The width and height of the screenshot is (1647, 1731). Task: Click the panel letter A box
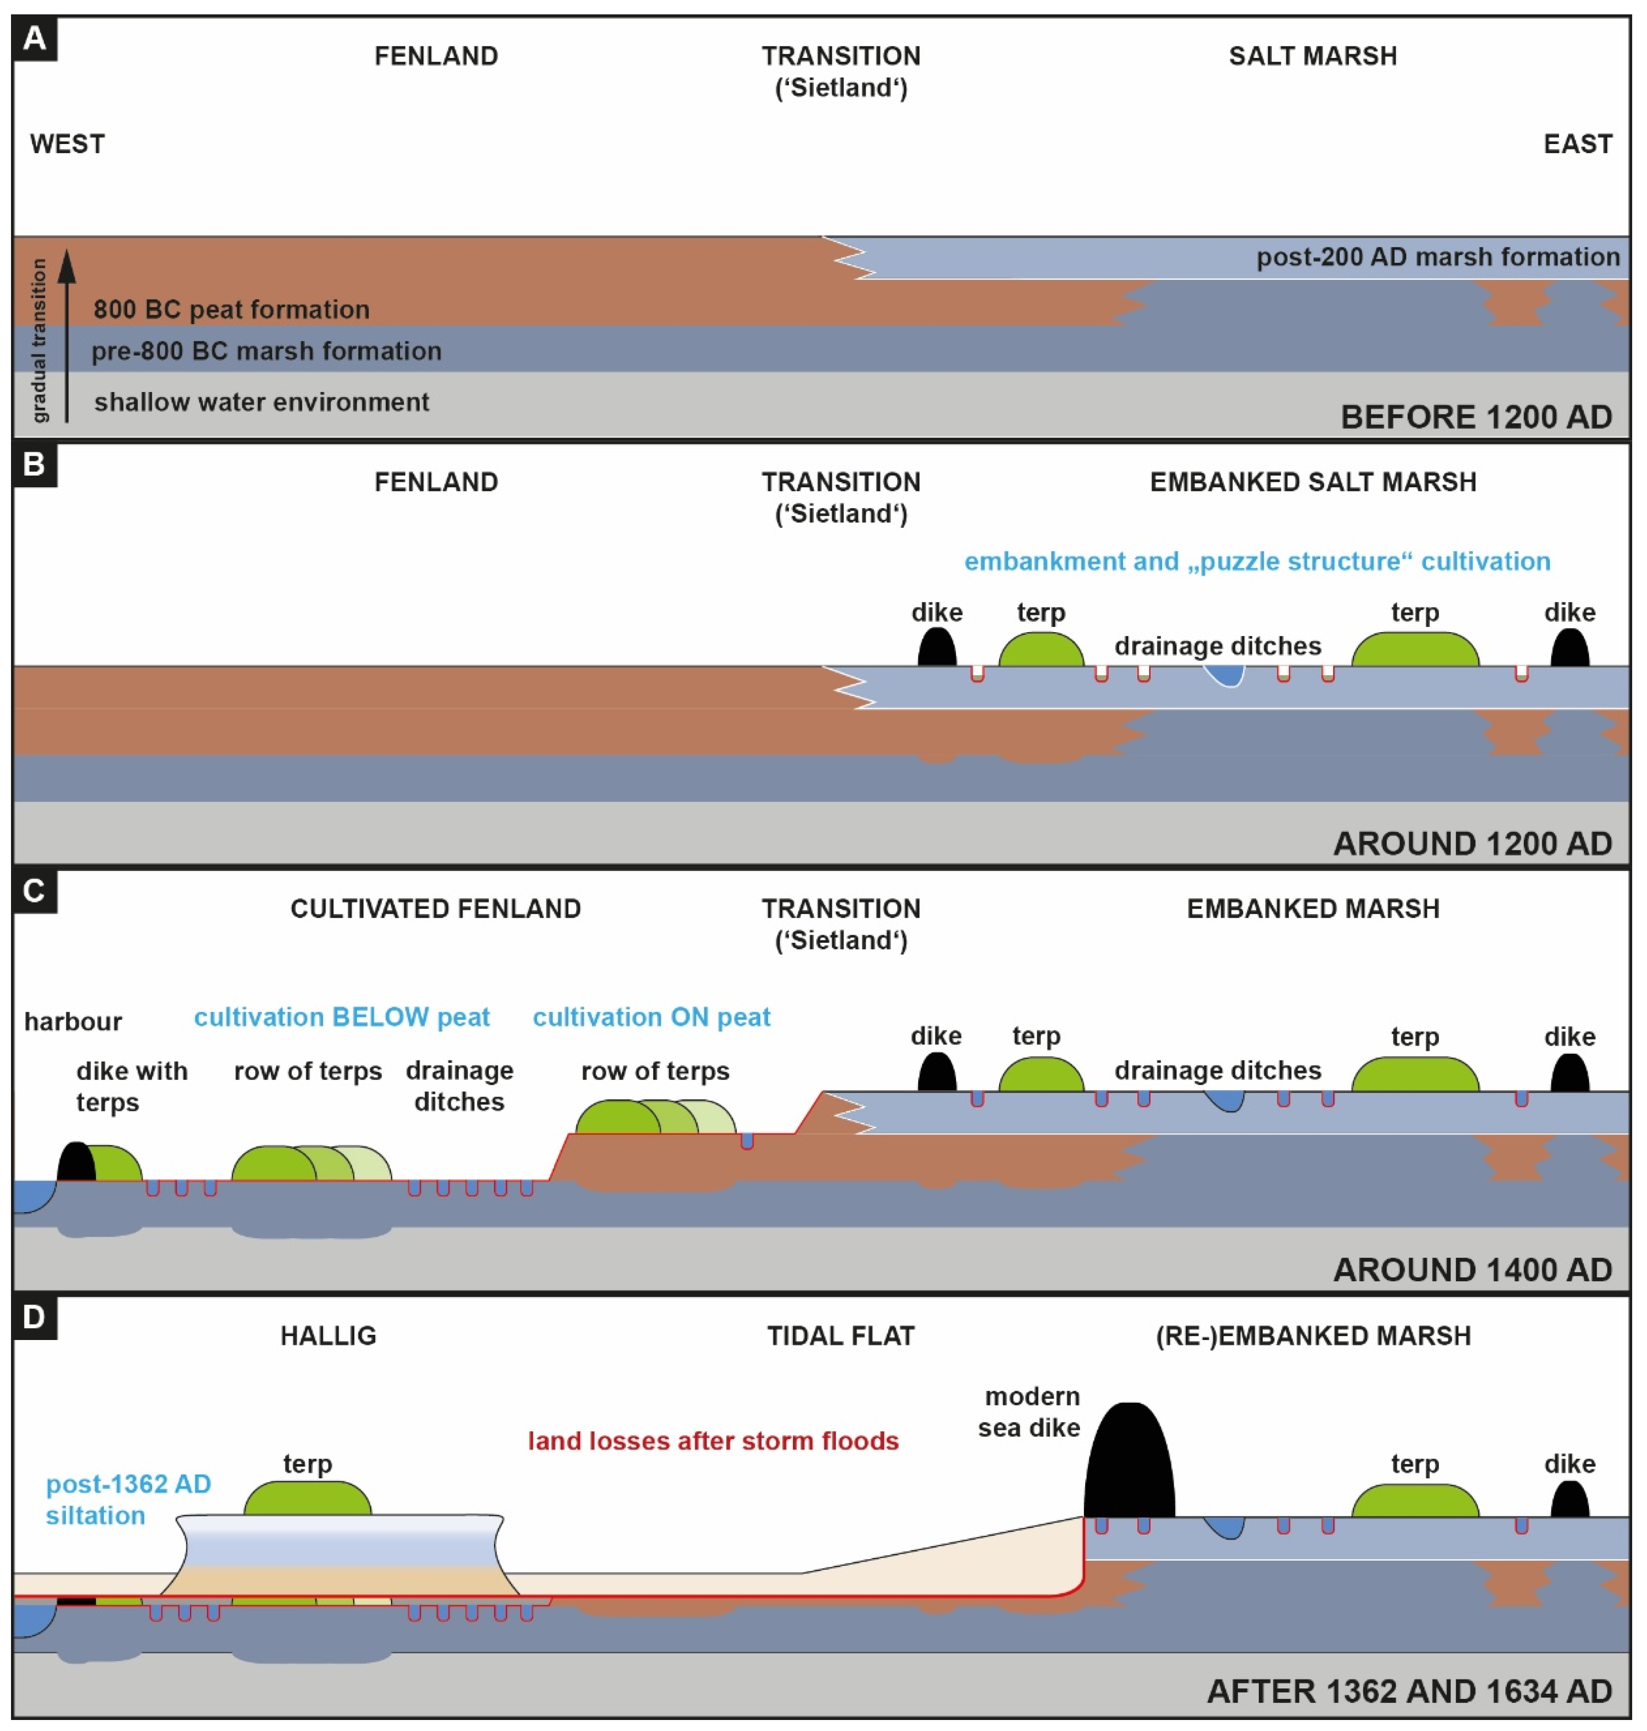34,39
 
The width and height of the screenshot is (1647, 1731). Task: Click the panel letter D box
34,1317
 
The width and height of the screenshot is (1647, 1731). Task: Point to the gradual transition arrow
67,334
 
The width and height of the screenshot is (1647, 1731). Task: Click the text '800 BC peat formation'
231,309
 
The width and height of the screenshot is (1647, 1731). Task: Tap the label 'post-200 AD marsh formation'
1437,257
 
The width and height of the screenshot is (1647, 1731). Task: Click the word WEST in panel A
67,144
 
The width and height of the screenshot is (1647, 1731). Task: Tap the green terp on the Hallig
307,1499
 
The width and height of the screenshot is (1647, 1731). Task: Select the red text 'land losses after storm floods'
713,1441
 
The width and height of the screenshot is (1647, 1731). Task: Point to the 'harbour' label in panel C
73,1021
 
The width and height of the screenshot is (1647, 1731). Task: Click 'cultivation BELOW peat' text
342,1017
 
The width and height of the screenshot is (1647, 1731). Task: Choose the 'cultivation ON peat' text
651,1017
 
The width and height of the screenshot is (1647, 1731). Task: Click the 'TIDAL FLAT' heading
840,1336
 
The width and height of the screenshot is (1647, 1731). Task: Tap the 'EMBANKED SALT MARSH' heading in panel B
1313,482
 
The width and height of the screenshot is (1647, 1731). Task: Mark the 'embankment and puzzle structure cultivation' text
1257,561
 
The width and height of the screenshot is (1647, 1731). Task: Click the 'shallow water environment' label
262,402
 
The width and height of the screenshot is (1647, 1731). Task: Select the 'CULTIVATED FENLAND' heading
435,909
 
